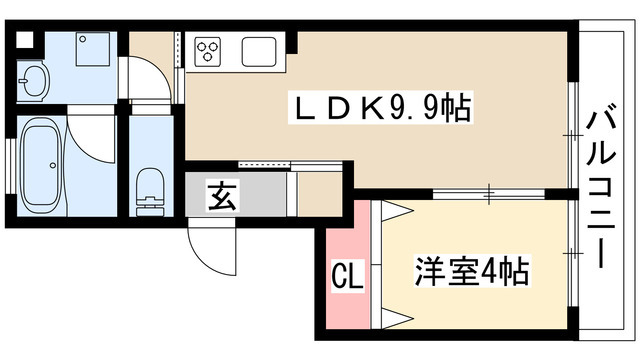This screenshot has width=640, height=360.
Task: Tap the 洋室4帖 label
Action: (471, 270)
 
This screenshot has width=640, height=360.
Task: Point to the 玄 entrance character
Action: (221, 195)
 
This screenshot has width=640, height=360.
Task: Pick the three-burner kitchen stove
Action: (209, 50)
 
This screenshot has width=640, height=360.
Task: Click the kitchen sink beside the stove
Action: (258, 50)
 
